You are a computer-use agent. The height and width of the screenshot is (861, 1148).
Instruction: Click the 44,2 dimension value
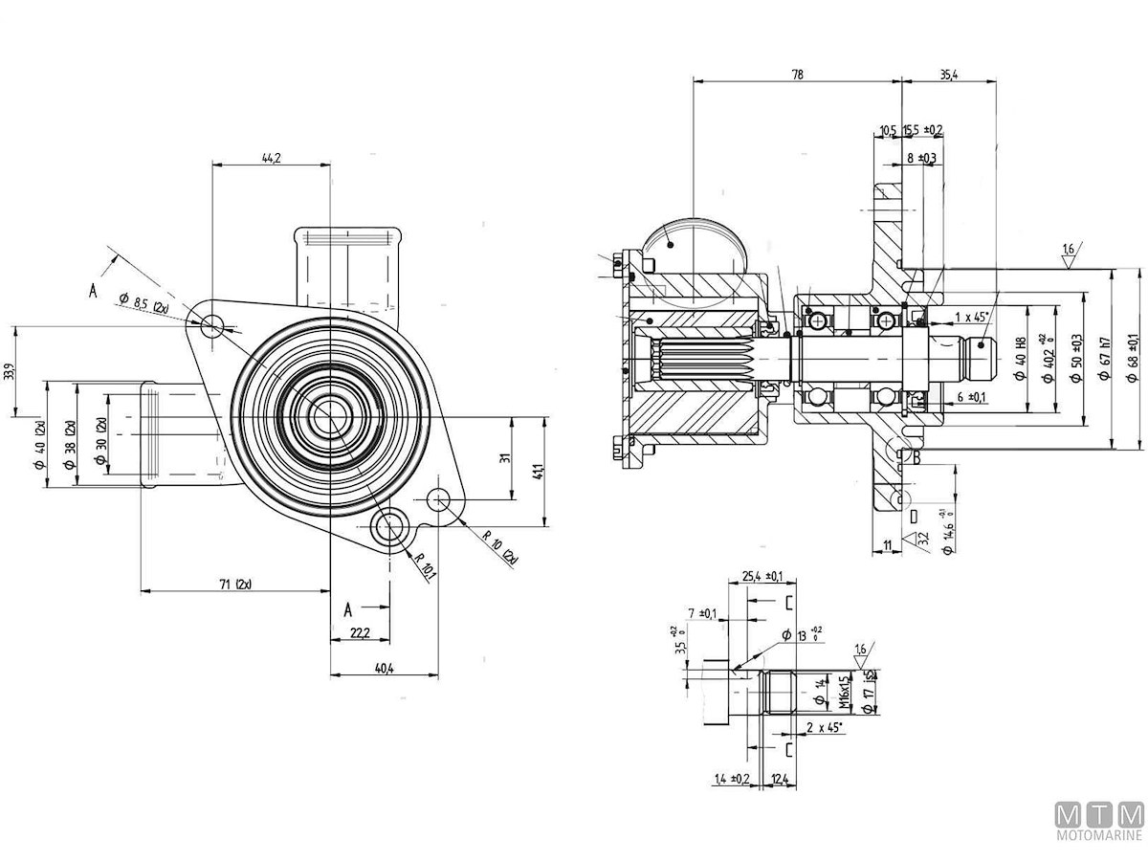271,158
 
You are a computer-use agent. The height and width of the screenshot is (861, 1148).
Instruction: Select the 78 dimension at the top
797,74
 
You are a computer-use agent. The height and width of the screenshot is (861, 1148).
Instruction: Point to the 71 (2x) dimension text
234,584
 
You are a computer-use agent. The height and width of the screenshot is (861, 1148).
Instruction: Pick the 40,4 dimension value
385,669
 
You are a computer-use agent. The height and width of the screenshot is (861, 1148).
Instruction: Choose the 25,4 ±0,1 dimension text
762,576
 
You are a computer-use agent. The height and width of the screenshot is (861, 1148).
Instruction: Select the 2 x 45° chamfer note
824,728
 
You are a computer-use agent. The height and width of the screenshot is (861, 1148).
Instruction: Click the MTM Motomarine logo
1099,822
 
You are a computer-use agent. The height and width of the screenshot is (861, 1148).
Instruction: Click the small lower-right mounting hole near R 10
439,498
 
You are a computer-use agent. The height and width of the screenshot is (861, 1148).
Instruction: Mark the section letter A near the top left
93,292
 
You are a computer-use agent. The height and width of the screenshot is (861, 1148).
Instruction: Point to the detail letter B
916,458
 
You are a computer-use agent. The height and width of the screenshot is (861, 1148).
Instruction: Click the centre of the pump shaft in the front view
328,413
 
